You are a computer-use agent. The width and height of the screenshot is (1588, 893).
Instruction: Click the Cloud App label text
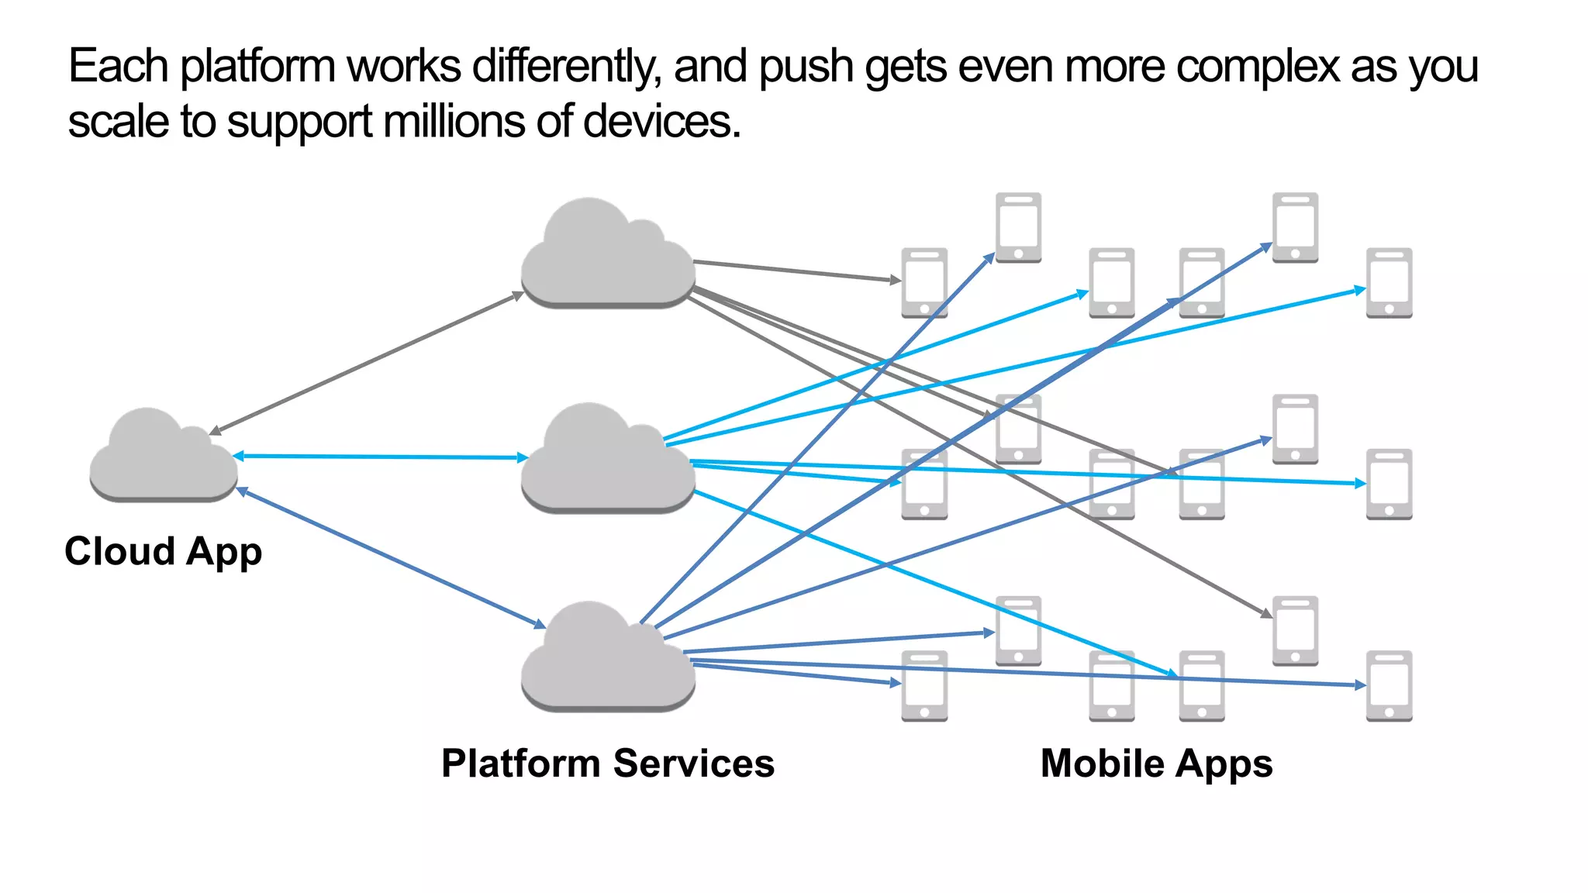(163, 552)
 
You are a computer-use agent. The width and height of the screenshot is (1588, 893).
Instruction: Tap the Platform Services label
(607, 764)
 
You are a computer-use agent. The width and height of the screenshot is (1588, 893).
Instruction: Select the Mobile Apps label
(1156, 764)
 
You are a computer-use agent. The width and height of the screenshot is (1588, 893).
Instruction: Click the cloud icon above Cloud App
(163, 457)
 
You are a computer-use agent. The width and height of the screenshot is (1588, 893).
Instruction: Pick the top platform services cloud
(607, 256)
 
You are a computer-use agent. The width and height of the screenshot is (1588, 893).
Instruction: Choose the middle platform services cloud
(607, 461)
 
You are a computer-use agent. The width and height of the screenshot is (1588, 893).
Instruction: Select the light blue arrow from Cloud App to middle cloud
(380, 457)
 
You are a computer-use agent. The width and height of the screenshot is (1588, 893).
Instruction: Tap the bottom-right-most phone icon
(1389, 686)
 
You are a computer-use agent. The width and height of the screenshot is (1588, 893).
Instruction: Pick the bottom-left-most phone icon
(924, 686)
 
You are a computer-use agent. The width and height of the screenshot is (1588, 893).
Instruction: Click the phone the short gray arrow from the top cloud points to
(924, 283)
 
